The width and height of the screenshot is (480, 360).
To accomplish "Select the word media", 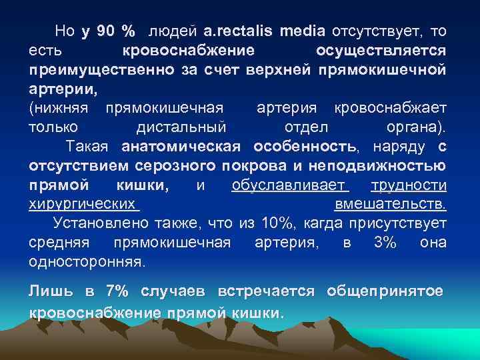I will pos(303,31).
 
